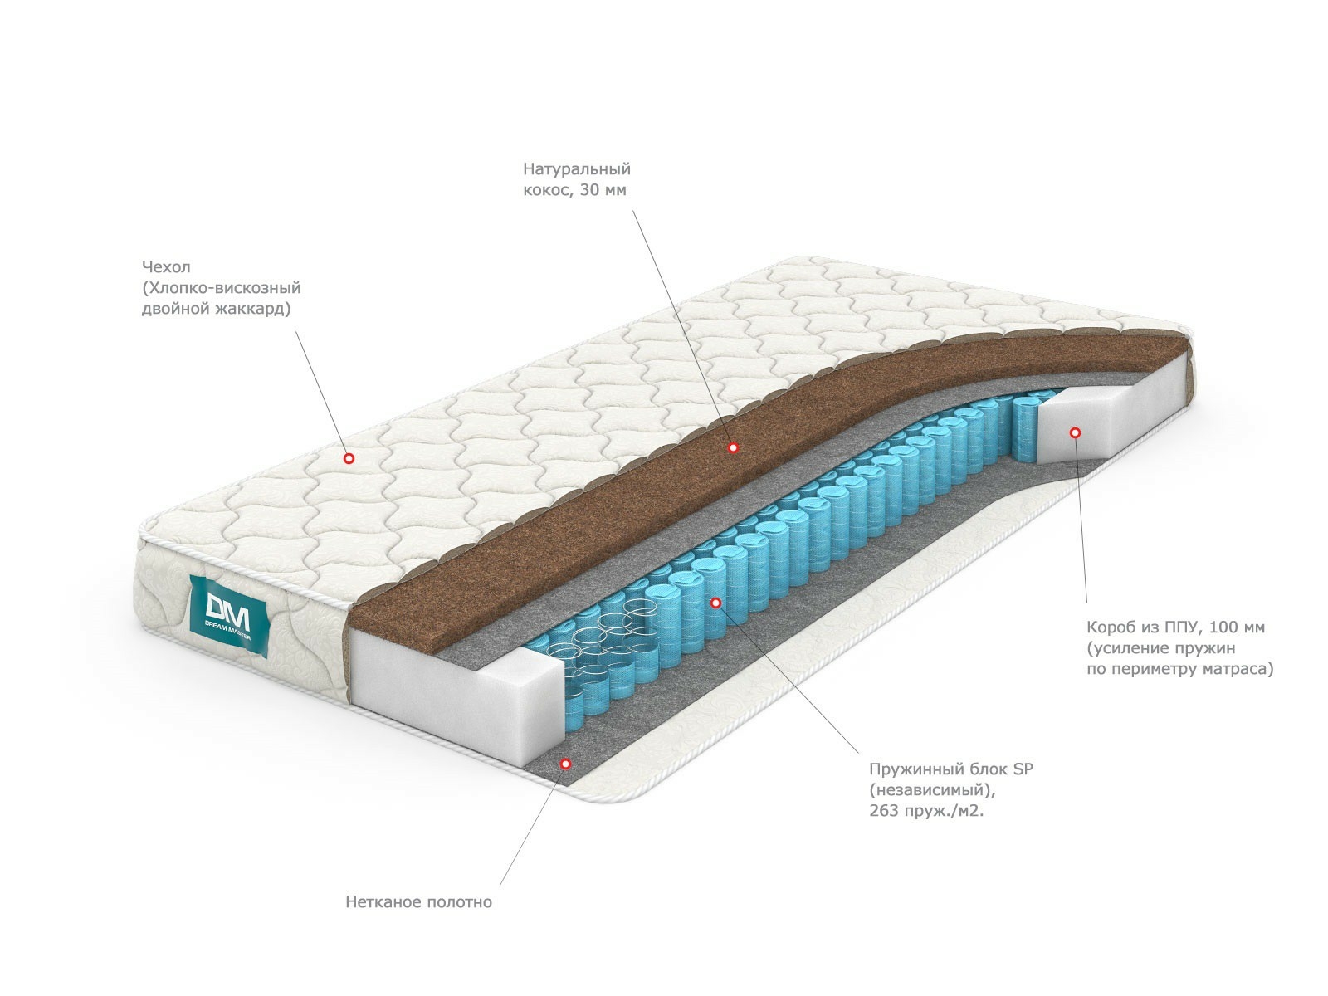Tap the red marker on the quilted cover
349,457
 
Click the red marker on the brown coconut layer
733,447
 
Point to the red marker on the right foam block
1074,432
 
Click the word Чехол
166,267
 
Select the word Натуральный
577,169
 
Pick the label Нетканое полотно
418,901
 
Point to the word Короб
1111,627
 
